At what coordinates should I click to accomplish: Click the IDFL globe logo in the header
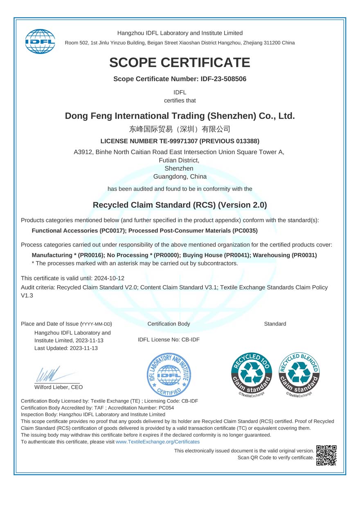(x=40, y=41)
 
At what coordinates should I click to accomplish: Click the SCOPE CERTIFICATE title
(x=180, y=63)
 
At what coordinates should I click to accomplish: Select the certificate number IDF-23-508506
(x=224, y=79)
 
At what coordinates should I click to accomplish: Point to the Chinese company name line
(x=180, y=129)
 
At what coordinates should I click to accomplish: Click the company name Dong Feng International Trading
(x=180, y=116)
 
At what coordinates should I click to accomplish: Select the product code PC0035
(x=244, y=231)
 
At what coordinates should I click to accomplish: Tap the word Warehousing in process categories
(x=271, y=255)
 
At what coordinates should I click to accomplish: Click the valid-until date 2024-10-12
(x=109, y=278)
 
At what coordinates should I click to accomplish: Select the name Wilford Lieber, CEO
(x=59, y=387)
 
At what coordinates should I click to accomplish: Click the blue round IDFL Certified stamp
(x=169, y=375)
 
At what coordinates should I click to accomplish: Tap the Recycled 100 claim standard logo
(x=252, y=373)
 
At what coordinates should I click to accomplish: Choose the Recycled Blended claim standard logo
(x=299, y=373)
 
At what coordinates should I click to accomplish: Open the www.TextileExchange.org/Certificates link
(x=157, y=442)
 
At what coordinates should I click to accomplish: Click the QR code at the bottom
(x=326, y=455)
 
